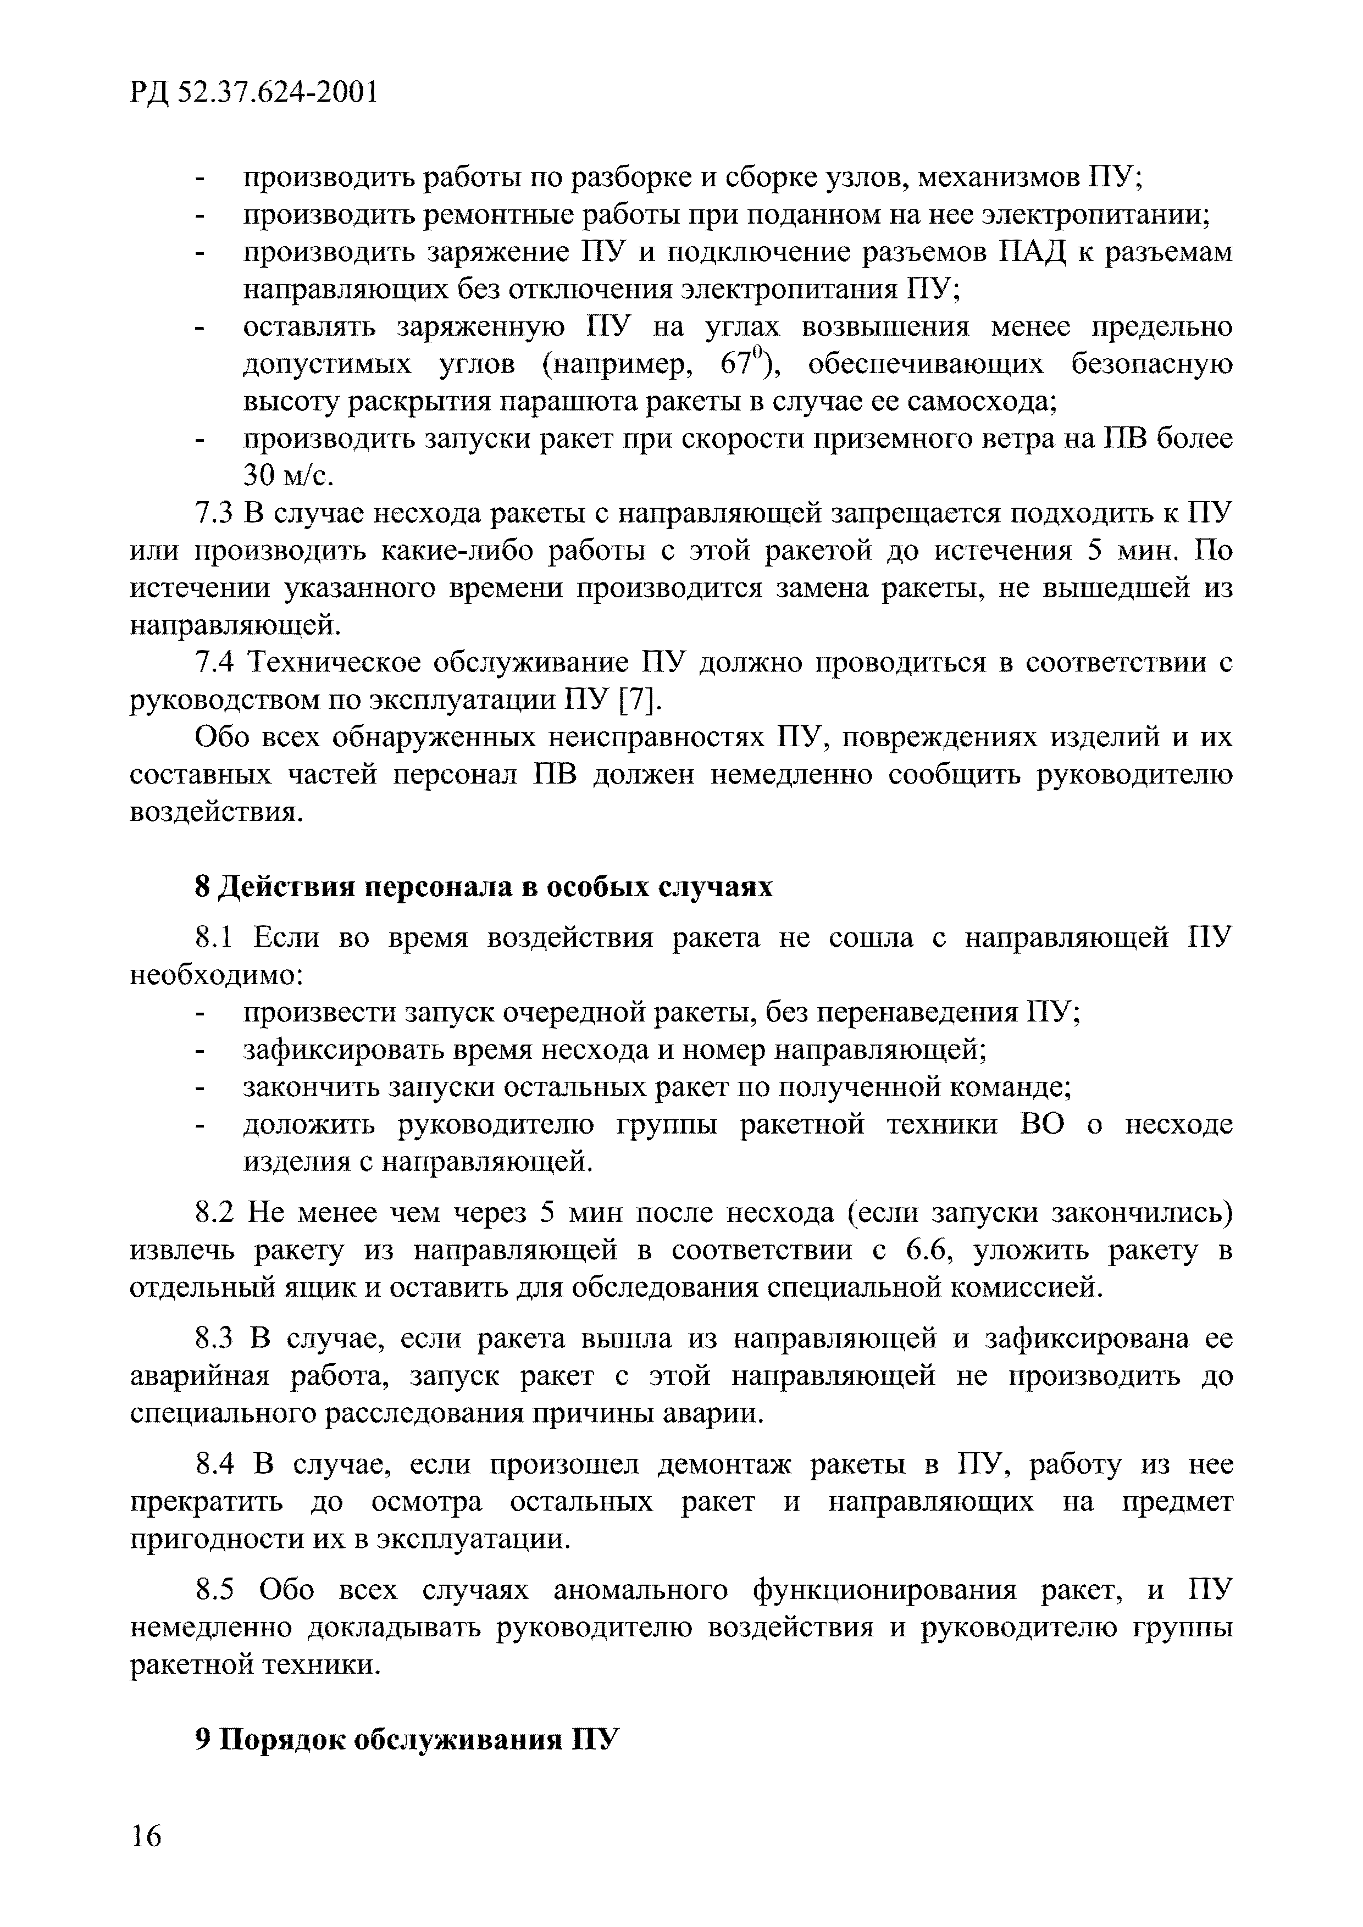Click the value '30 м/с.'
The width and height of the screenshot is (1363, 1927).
click(x=288, y=476)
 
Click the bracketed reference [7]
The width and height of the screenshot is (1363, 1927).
click(x=638, y=700)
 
